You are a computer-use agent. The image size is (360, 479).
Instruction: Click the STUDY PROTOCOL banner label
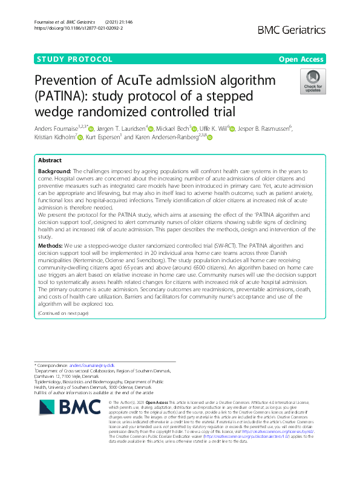[75, 59]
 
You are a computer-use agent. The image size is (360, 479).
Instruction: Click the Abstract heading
[50, 160]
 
